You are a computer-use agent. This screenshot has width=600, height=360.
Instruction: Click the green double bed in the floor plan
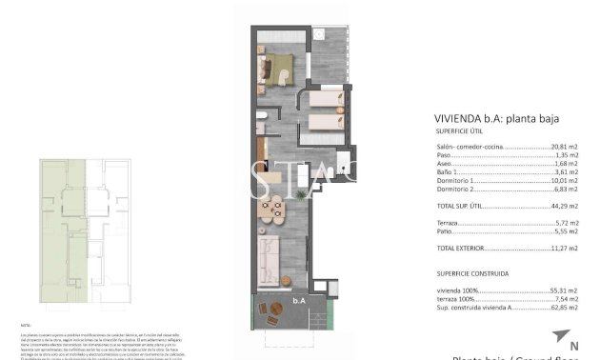tap(279, 68)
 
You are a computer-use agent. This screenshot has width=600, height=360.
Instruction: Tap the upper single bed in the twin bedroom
tap(324, 99)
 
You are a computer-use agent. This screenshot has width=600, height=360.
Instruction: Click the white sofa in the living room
tap(268, 255)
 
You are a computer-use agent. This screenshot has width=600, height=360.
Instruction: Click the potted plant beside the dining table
tap(301, 194)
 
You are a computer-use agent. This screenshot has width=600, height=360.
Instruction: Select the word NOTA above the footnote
tap(26, 324)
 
